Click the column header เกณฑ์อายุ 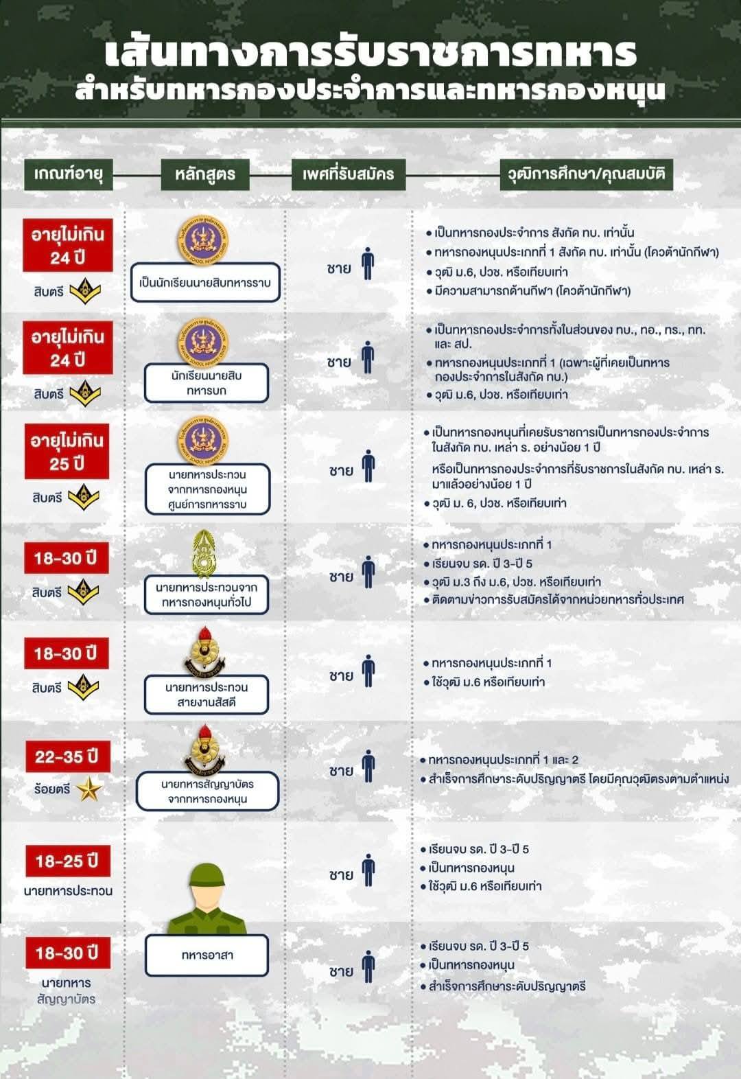tap(68, 174)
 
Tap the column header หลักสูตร tap(204, 174)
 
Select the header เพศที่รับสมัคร tap(348, 174)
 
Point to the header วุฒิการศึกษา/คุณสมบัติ tap(586, 174)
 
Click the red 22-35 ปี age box tap(67, 757)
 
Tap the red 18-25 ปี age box tap(67, 861)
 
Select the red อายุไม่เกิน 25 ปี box tap(67, 452)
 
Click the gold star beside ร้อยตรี tap(89, 789)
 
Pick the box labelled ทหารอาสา tap(207, 955)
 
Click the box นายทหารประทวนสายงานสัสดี tap(206, 695)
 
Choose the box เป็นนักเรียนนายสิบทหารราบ tap(205, 282)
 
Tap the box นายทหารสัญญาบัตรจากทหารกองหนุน tap(207, 791)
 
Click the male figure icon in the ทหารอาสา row tap(368, 967)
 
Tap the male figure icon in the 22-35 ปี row tap(368, 767)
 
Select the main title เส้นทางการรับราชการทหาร tap(370, 54)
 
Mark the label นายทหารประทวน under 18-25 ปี tap(68, 891)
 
